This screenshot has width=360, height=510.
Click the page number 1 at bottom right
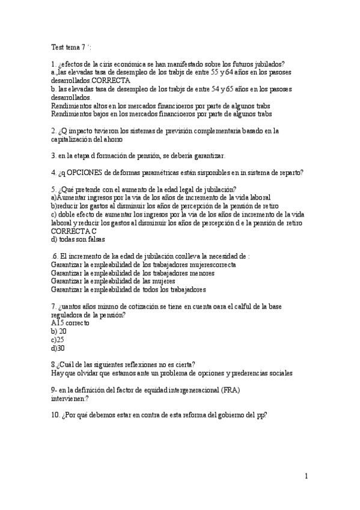(x=306, y=476)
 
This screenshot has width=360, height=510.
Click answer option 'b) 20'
(x=59, y=331)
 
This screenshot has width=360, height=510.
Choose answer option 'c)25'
(x=58, y=340)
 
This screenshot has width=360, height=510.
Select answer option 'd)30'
(x=58, y=348)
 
